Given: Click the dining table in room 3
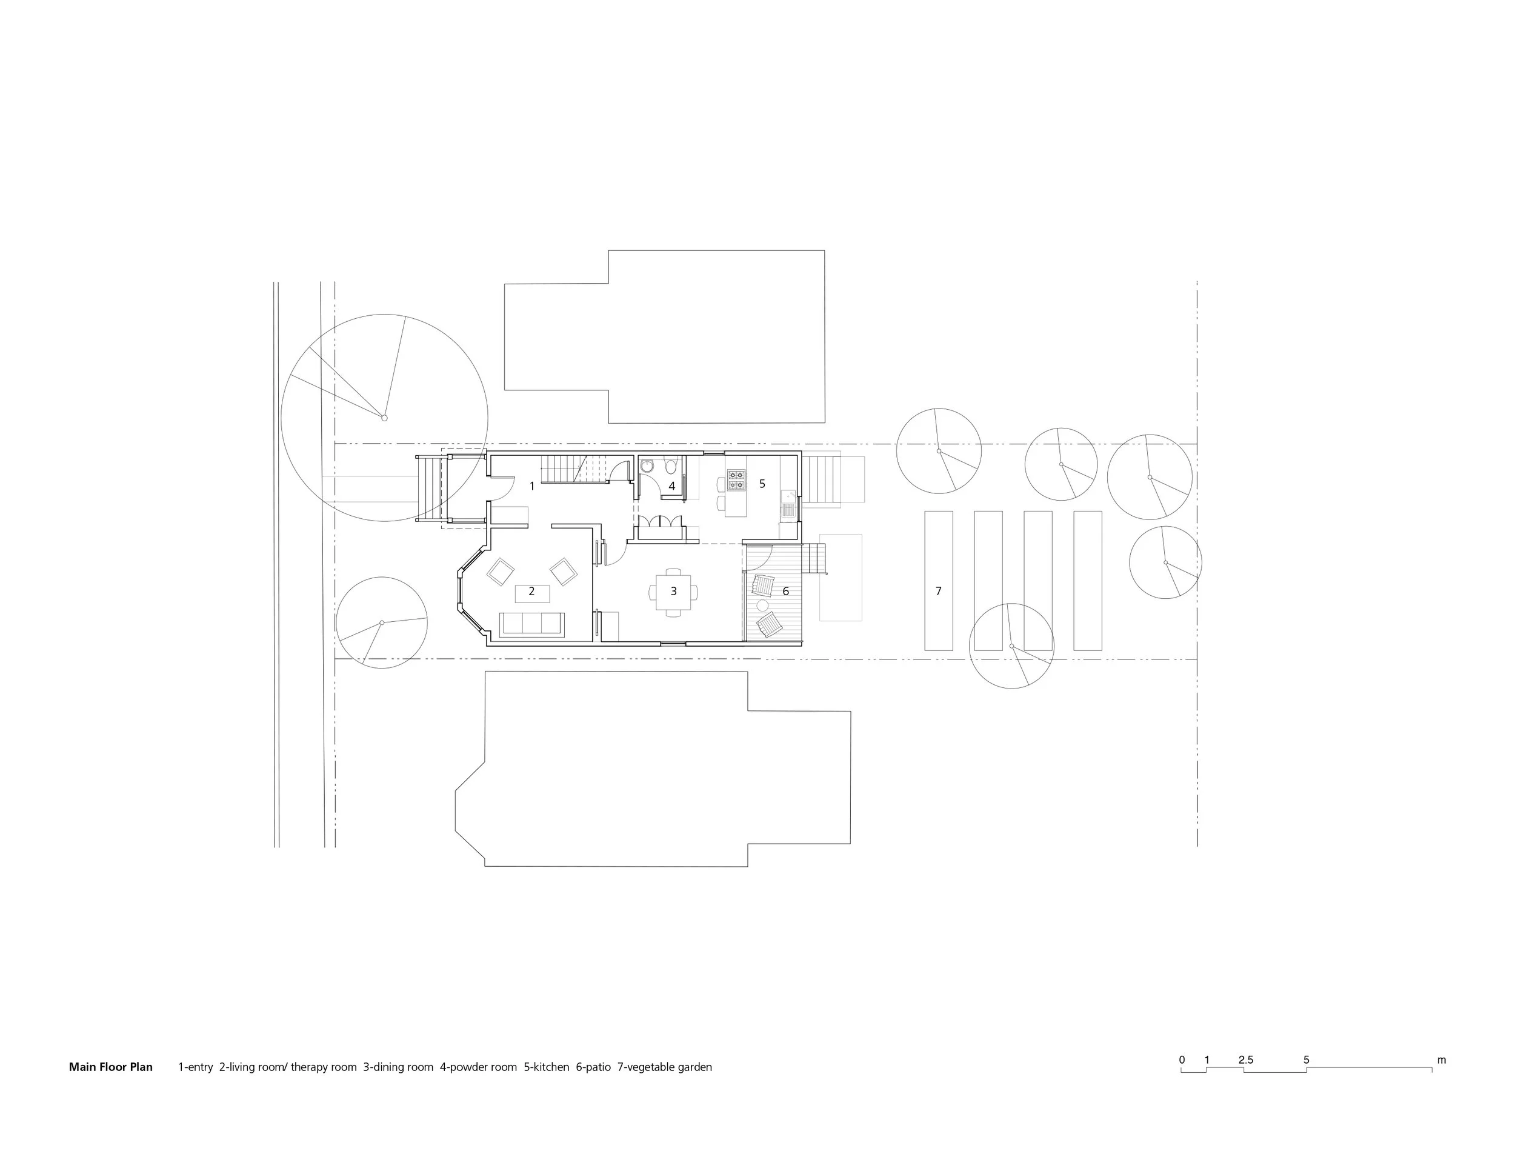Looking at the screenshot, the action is (673, 592).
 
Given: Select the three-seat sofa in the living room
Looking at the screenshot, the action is (532, 624).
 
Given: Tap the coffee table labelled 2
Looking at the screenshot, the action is (532, 594).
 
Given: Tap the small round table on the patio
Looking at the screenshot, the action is (762, 606).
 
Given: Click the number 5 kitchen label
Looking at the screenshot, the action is (762, 484).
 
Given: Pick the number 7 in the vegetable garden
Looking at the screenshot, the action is (939, 591).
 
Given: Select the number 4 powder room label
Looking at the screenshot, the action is (671, 486).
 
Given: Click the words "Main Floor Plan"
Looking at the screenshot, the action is (110, 1067).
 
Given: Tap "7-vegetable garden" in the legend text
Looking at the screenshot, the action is (665, 1067).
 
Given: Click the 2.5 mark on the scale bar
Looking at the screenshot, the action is (1246, 1060).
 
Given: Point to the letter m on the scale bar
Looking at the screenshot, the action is (1442, 1060).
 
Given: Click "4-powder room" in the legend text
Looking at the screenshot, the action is (478, 1067).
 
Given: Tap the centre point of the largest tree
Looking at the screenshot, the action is (384, 418).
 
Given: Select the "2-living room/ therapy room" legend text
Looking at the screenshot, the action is (288, 1067).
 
